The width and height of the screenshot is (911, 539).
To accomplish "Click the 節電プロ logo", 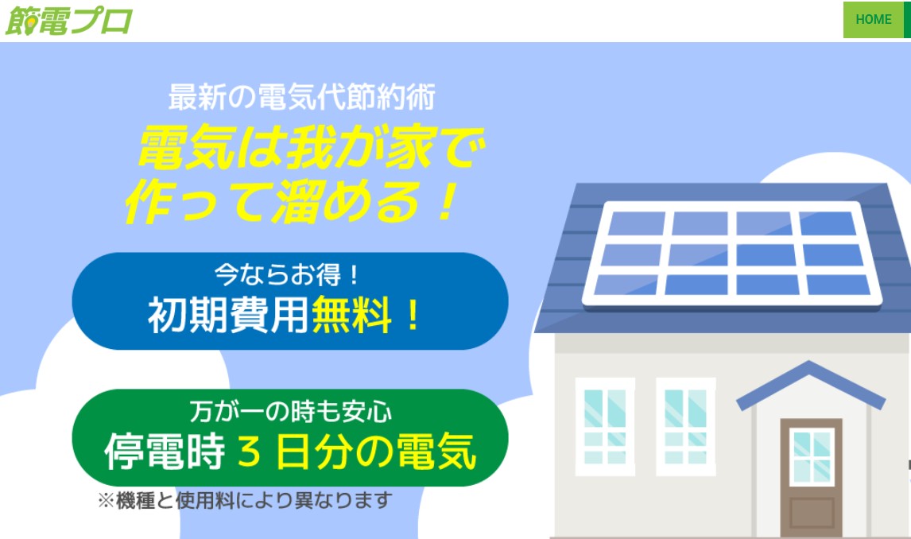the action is (68, 21).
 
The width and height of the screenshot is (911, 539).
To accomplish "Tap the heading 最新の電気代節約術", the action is (301, 97).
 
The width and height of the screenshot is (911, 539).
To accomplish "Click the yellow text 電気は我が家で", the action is (311, 148).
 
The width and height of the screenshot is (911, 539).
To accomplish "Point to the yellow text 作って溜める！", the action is (292, 201).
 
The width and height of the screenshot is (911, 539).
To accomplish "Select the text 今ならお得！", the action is (287, 274).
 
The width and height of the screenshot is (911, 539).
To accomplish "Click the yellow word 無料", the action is (351, 315).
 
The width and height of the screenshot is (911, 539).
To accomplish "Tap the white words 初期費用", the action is (227, 315).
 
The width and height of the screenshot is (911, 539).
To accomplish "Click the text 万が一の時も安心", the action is (290, 412).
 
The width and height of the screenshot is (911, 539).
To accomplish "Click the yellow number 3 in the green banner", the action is (250, 452).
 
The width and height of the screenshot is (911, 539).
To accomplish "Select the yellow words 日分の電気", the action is (377, 452).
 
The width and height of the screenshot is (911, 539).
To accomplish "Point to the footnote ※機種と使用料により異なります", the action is (245, 500).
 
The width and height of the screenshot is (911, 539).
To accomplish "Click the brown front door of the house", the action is (811, 478).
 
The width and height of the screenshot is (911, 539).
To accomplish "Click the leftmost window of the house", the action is (605, 426).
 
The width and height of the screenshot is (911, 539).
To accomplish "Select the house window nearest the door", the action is (685, 426).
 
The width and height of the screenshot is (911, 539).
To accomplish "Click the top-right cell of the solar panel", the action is (828, 223).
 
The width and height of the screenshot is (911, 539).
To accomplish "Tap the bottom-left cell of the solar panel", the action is (626, 285).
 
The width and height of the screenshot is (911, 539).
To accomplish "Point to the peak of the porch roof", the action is (809, 363).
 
